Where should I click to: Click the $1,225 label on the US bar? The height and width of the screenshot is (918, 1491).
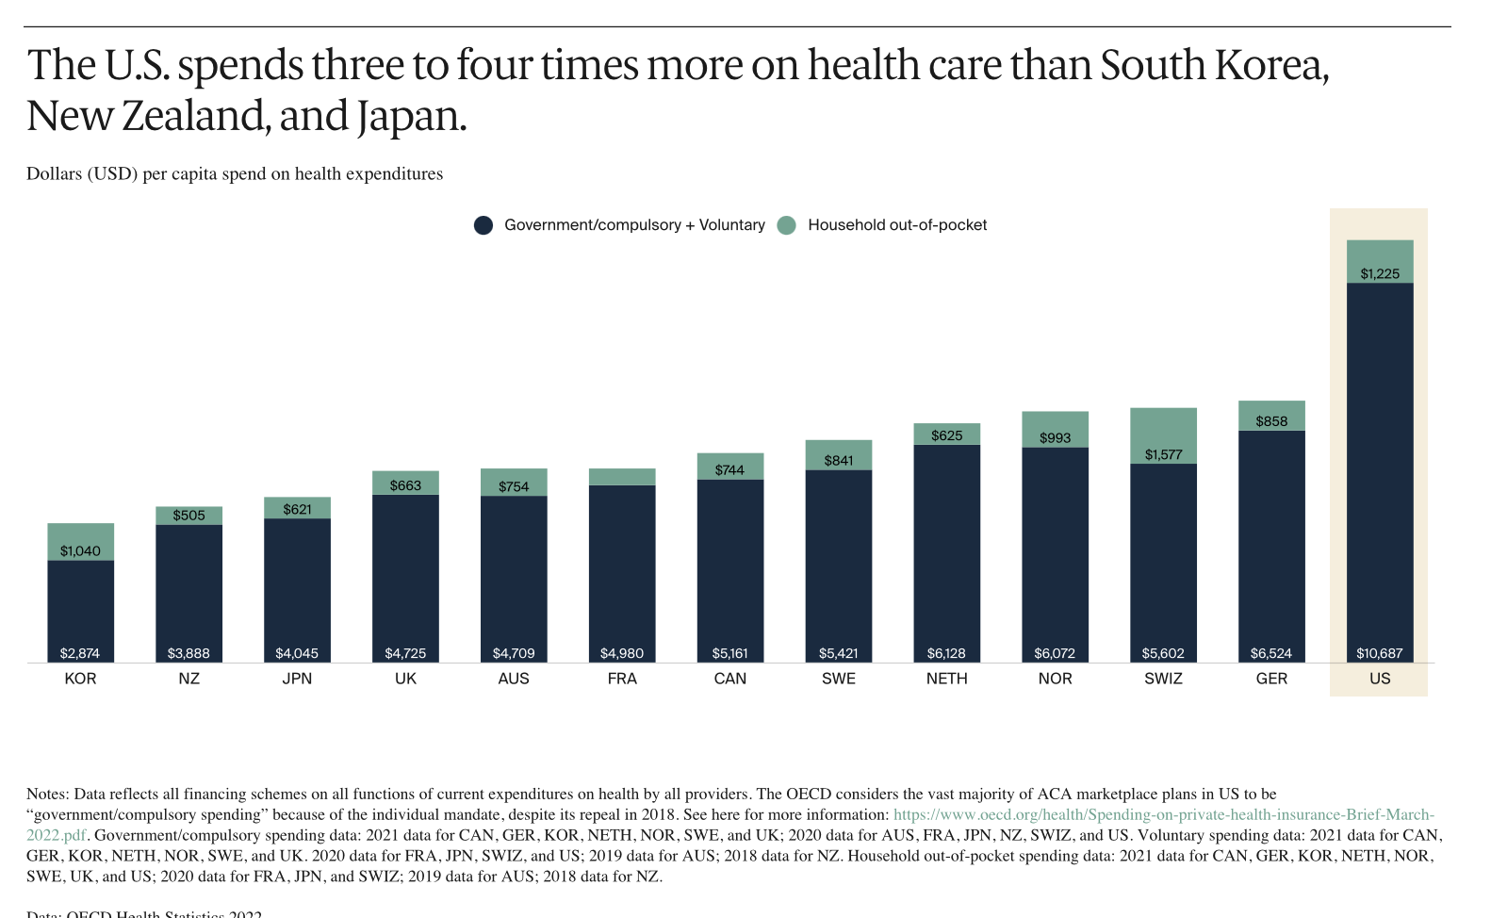click(1380, 274)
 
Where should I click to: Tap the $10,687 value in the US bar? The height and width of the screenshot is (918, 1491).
click(1380, 653)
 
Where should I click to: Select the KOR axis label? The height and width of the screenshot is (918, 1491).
click(80, 679)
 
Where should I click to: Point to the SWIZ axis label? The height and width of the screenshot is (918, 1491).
click(1163, 679)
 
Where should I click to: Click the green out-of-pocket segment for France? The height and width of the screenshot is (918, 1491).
click(622, 477)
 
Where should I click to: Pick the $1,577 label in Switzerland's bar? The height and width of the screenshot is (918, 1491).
click(1163, 454)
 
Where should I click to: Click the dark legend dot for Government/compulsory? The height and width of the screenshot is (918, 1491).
click(483, 225)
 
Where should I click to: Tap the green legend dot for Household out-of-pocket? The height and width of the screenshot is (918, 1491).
click(787, 225)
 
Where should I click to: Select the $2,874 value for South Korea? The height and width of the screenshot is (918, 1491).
click(80, 653)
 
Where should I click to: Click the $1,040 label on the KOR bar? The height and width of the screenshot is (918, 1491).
click(80, 551)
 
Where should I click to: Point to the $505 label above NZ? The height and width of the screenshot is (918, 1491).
click(188, 516)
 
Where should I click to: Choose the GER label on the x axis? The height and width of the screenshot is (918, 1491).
click(1271, 679)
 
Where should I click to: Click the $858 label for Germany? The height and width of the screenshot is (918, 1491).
click(1271, 421)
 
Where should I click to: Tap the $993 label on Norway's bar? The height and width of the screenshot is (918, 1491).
click(1055, 437)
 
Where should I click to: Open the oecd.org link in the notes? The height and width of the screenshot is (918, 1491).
click(1163, 814)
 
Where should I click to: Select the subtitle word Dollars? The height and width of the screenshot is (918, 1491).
click(54, 174)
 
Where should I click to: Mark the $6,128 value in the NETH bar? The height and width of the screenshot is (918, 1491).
click(946, 653)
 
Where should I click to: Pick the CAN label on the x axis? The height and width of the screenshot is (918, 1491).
click(730, 679)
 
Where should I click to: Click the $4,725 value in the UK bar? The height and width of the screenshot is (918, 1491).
click(405, 653)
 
